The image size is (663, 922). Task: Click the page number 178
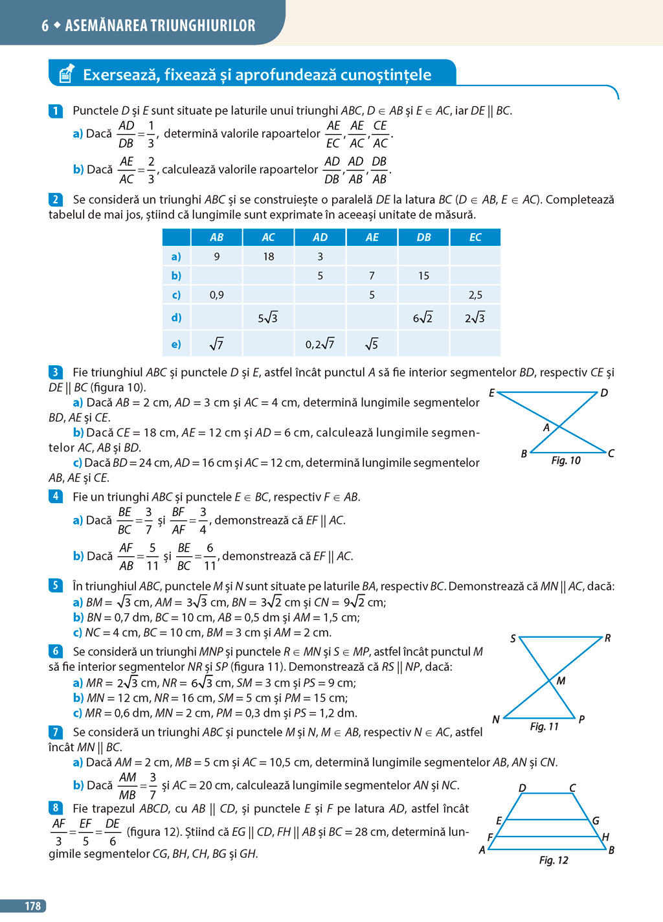click(x=32, y=906)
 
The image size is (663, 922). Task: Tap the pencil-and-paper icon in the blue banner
click(x=65, y=74)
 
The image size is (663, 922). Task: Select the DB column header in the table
click(x=423, y=238)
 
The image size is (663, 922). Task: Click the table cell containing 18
click(x=268, y=257)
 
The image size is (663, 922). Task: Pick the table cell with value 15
click(x=423, y=276)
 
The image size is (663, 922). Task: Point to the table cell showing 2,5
click(x=475, y=295)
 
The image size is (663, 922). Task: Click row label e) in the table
click(x=176, y=344)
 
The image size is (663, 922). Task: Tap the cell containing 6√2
click(x=423, y=318)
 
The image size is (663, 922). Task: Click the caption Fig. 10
click(x=566, y=460)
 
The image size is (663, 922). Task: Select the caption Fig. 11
click(x=544, y=726)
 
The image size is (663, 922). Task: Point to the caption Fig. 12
click(x=554, y=860)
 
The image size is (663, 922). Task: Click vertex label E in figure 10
click(x=492, y=393)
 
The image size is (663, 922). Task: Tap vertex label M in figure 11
click(x=561, y=680)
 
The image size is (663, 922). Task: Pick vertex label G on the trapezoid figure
click(x=596, y=820)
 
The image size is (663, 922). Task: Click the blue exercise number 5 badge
click(x=56, y=586)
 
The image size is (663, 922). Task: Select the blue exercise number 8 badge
click(x=56, y=808)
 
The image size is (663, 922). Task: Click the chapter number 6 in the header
click(x=45, y=26)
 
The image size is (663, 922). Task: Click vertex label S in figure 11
click(x=513, y=638)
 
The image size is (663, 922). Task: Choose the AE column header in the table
click(x=372, y=238)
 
